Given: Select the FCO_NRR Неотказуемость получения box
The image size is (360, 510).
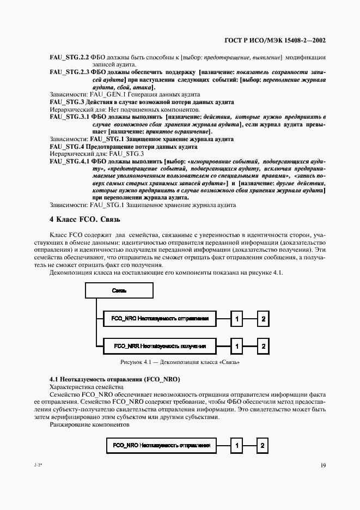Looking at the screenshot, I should point(159,345).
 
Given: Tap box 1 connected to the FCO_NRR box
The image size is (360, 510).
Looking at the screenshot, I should point(236,345).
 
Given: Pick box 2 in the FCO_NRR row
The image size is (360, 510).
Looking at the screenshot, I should point(263,345).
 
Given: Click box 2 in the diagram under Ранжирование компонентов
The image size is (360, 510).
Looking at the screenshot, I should point(263,446).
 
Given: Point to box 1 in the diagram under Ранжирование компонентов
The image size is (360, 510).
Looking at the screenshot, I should point(236,446).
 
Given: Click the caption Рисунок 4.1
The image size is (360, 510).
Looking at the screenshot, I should point(180,362).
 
